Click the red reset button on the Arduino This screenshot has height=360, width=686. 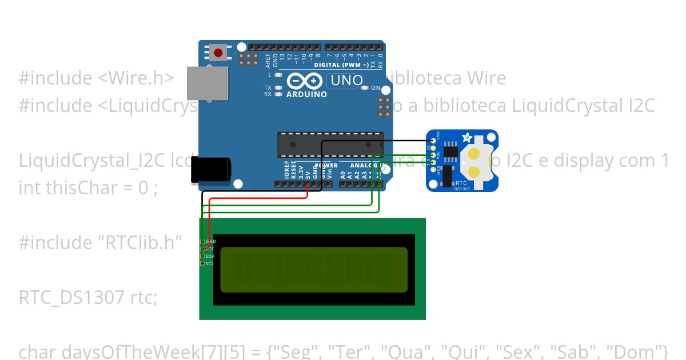[218, 53]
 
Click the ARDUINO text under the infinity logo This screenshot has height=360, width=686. [306, 94]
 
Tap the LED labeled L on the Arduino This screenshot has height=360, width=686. [278, 75]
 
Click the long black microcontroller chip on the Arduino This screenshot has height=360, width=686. [330, 145]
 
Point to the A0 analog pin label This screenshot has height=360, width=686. [342, 174]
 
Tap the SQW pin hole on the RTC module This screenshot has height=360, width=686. [433, 170]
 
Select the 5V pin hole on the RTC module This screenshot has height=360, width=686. [433, 147]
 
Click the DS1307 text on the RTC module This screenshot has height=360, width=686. [462, 188]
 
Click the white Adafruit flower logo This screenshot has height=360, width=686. [467, 138]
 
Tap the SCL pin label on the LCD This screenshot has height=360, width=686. [209, 263]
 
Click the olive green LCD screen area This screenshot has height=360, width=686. [314, 270]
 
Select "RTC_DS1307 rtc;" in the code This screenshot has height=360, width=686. [88, 297]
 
